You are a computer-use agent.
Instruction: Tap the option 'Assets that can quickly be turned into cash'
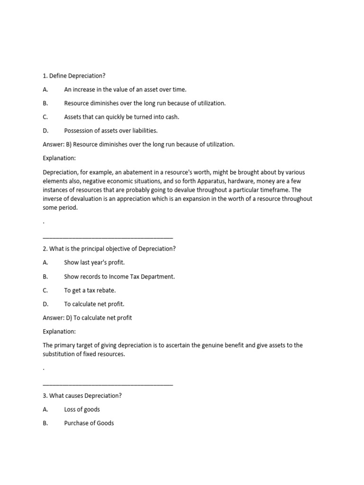click(122, 117)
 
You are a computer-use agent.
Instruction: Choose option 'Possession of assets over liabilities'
click(110, 130)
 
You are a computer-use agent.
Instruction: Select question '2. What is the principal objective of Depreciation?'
click(109, 248)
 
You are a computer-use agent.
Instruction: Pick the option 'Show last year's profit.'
click(94, 262)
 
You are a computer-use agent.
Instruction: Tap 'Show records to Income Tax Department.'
click(119, 276)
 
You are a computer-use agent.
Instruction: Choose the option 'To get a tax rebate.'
click(90, 290)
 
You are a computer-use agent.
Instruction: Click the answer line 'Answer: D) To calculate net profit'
click(87, 318)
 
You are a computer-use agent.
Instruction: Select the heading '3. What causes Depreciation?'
click(82, 395)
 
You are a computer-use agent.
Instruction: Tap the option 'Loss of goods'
click(82, 409)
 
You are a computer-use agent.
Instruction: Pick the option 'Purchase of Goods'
click(89, 423)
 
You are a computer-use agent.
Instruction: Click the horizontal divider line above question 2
click(108, 238)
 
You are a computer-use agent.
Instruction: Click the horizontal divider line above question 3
click(108, 385)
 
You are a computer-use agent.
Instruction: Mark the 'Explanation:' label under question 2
click(59, 332)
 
